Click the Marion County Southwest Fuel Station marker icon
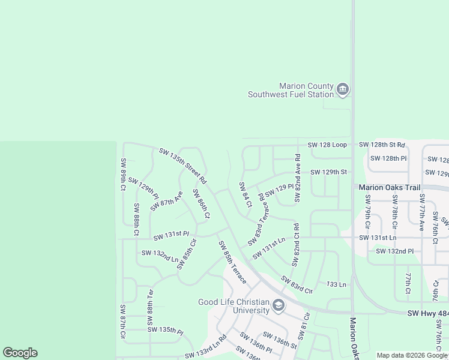coord(343,90)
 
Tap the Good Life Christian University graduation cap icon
coord(278,306)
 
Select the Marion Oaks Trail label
coord(390,187)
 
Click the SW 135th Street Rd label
coord(183,166)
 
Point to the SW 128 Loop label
coord(327,145)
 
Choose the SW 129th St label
coord(328,172)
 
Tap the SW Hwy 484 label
coord(427,313)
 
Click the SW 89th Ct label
coord(123,175)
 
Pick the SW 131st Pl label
coord(171,234)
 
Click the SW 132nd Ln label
coord(160,256)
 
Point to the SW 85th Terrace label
coord(232,262)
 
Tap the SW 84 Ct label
coord(245,195)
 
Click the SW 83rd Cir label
coord(297,284)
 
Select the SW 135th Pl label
coord(165,329)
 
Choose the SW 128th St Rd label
coord(382,145)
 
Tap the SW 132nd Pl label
coord(395,250)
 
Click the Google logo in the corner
coord(20,353)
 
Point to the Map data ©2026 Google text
coord(412,355)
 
